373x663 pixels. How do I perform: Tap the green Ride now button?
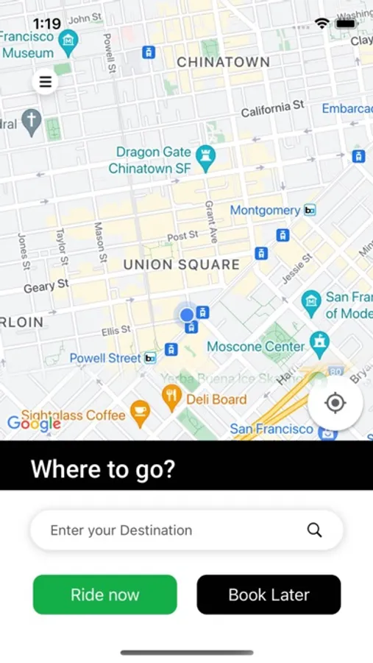click(x=105, y=594)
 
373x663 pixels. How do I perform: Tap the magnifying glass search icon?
click(x=315, y=530)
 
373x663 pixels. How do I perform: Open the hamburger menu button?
click(x=46, y=82)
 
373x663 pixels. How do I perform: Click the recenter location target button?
click(x=335, y=403)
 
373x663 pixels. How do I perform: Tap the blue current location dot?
click(x=187, y=315)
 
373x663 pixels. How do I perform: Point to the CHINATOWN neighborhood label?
click(x=224, y=63)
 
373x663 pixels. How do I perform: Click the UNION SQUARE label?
click(x=181, y=264)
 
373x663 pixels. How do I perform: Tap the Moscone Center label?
click(x=255, y=346)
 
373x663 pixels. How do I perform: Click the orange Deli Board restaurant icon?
click(x=171, y=399)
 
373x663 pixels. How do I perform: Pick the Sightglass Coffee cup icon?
click(x=139, y=413)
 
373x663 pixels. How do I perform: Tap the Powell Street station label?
click(x=104, y=358)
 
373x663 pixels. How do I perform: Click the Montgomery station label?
click(x=265, y=211)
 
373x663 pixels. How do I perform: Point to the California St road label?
click(x=272, y=109)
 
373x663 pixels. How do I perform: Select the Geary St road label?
click(x=46, y=285)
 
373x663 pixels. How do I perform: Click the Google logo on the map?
click(x=34, y=424)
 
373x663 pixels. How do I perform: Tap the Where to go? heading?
click(x=103, y=469)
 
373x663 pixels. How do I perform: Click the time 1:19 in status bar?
click(x=47, y=24)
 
